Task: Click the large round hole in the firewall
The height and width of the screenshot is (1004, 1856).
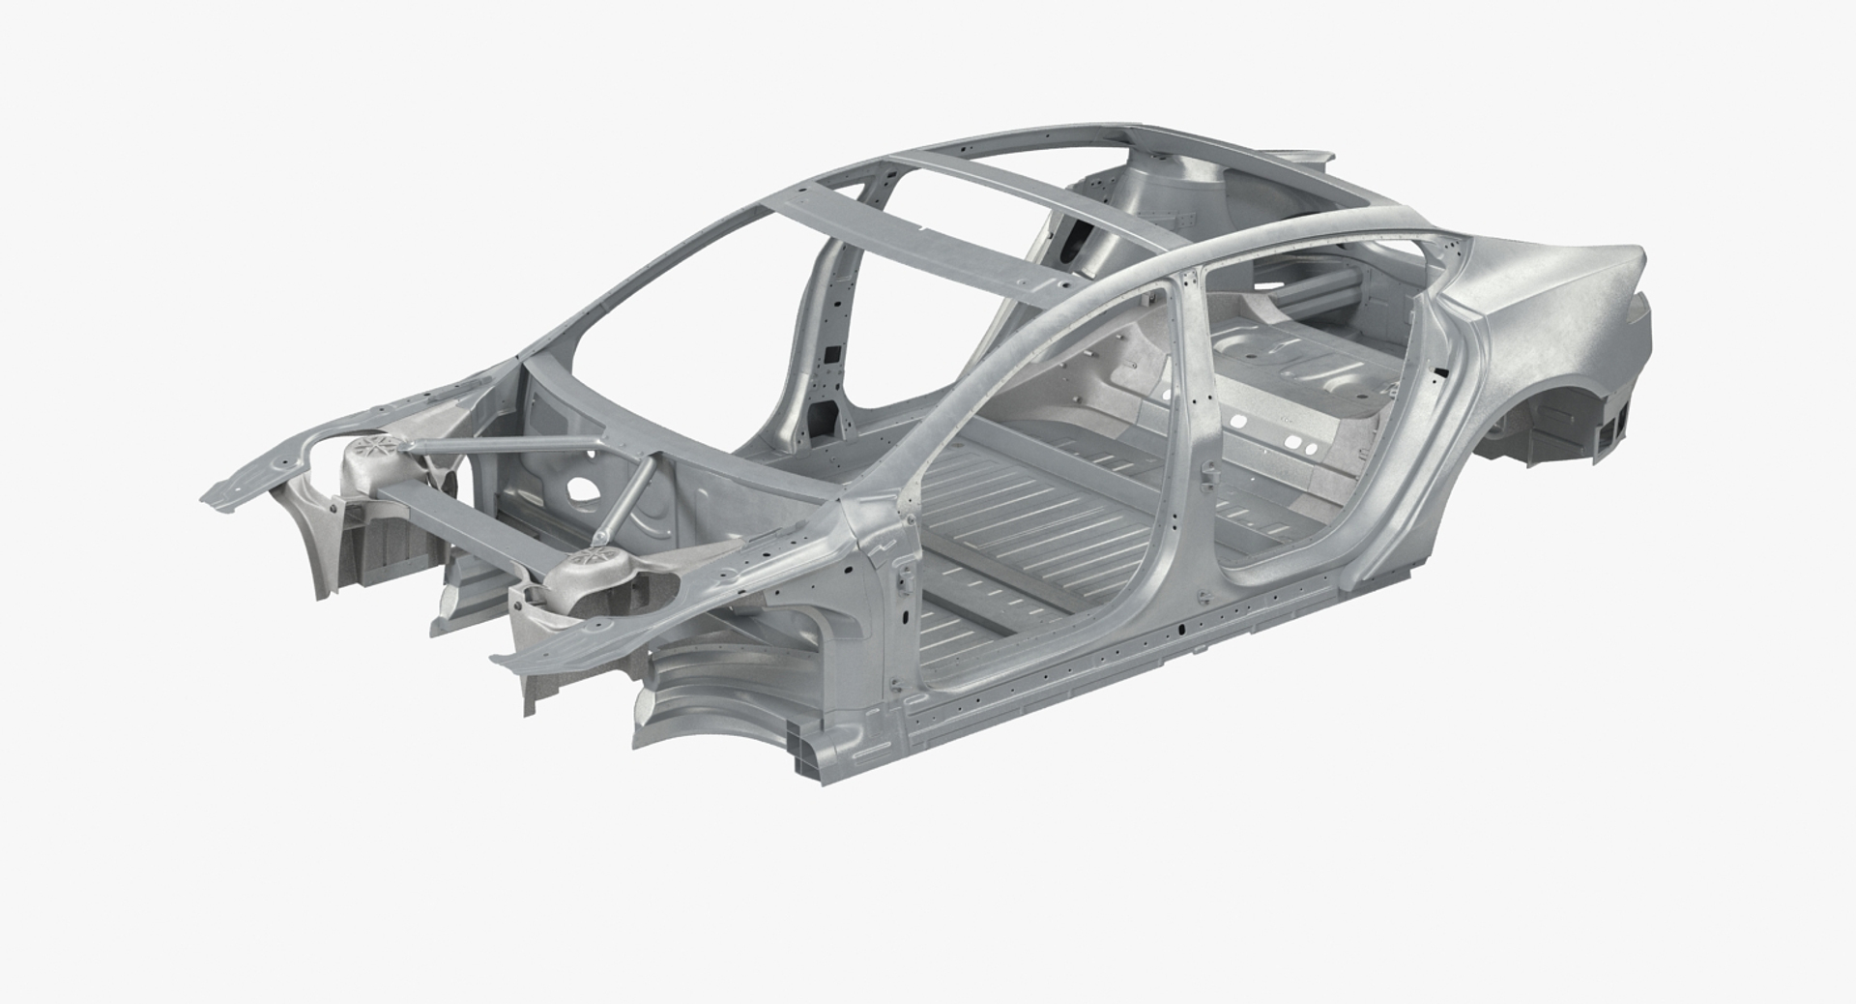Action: point(582,486)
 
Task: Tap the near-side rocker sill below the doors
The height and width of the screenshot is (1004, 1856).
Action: point(1112,667)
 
